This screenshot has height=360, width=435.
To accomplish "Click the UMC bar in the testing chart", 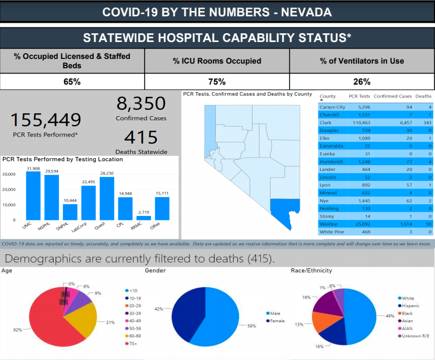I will [x=33, y=195].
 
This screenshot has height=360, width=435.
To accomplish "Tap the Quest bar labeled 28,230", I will [x=107, y=198].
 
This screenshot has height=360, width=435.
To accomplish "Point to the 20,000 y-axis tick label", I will [x=9, y=190].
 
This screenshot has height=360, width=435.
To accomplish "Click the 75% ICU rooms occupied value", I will [x=217, y=82].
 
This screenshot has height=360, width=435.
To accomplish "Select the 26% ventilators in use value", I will [x=362, y=82].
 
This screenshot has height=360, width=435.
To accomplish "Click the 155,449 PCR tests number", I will [x=46, y=120].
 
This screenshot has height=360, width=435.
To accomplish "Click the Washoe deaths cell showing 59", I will [x=427, y=223].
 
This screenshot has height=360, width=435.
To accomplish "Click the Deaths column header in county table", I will [x=423, y=96].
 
